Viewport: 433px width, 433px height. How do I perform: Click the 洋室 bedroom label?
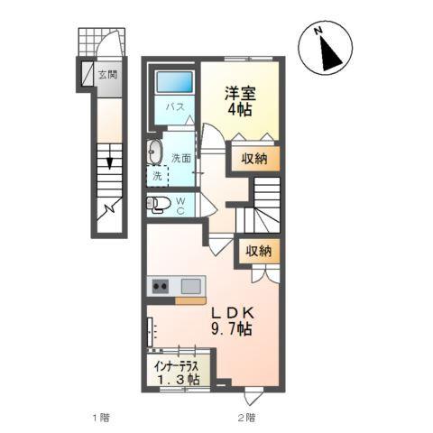(238, 90)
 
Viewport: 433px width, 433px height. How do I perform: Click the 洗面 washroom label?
(181, 158)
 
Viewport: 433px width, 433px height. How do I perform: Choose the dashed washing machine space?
(157, 176)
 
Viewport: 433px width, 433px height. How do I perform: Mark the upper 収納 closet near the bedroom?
(253, 158)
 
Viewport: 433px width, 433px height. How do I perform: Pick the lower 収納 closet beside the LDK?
(256, 252)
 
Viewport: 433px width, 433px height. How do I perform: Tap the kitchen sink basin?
(190, 287)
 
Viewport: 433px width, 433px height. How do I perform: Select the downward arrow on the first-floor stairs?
(109, 162)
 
